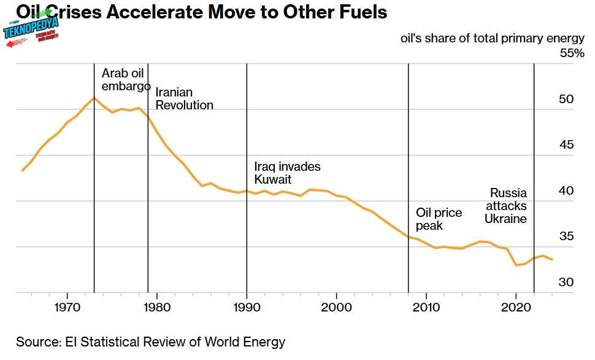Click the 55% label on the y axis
tap(572, 53)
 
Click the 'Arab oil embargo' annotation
tap(125, 80)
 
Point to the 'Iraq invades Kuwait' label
tap(287, 173)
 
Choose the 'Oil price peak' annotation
tap(439, 219)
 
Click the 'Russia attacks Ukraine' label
tap(507, 206)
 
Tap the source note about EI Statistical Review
tap(151, 342)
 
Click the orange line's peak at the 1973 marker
tap(94, 98)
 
